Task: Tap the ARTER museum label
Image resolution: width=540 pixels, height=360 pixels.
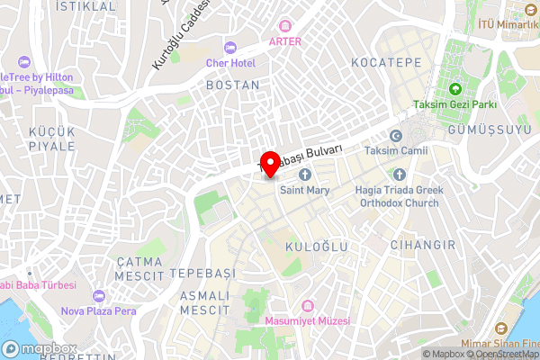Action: click(x=284, y=40)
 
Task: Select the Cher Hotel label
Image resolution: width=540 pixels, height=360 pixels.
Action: click(x=230, y=63)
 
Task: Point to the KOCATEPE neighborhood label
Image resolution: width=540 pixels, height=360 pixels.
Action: click(x=387, y=63)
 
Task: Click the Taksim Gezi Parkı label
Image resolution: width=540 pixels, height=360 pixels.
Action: click(x=455, y=104)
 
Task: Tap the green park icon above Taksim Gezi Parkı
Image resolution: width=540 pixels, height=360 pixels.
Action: click(x=455, y=88)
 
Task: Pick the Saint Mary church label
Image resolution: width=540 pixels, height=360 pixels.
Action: click(x=304, y=191)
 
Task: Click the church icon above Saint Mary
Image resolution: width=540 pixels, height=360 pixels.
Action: click(x=304, y=174)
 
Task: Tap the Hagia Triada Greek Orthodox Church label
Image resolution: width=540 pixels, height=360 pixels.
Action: click(x=399, y=196)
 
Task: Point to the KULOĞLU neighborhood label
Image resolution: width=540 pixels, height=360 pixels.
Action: click(x=315, y=246)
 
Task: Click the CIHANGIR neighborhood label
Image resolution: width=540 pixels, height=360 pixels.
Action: click(x=418, y=245)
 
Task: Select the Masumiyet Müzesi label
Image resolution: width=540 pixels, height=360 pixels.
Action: click(x=308, y=319)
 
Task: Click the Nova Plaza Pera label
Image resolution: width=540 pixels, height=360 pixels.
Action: click(x=98, y=311)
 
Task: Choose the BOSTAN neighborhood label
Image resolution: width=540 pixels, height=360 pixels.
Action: click(x=232, y=85)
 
